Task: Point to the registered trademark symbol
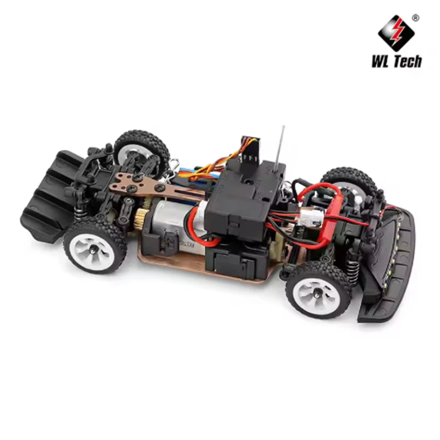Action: [415, 18]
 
